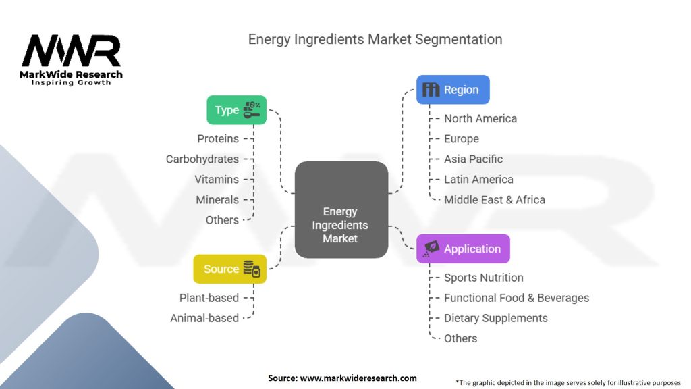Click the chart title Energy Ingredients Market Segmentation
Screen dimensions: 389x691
[x=375, y=39]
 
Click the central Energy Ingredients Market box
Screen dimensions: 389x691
[x=341, y=209]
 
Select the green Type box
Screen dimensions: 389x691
[x=236, y=109]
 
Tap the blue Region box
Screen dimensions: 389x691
[x=452, y=89]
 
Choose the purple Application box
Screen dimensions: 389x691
[x=462, y=249]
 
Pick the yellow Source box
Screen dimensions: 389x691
[x=229, y=269]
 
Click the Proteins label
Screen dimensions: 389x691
[x=218, y=138]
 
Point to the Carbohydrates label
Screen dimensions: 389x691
[x=202, y=159]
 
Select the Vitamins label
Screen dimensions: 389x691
[x=217, y=179]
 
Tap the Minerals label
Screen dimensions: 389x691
[x=217, y=199]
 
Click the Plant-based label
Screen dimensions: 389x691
[x=209, y=298]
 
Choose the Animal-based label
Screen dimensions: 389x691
[x=204, y=318]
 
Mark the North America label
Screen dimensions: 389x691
[x=480, y=118]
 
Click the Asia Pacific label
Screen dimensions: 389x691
[x=473, y=159]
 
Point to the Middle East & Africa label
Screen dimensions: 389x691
[x=495, y=199]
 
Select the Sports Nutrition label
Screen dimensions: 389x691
[x=483, y=278]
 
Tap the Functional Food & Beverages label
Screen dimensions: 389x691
[x=516, y=298]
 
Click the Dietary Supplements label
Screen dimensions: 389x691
[x=496, y=318]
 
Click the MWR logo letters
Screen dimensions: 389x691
[x=71, y=51]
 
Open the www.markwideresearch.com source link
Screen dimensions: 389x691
[x=358, y=378]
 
